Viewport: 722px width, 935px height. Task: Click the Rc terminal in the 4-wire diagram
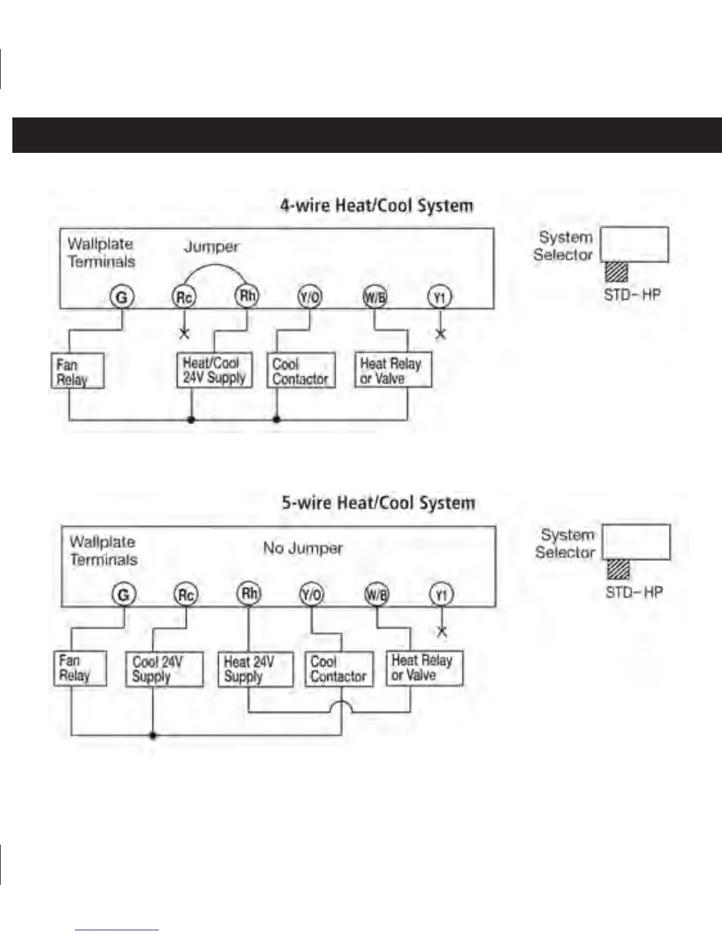183,296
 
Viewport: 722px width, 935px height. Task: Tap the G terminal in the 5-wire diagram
124,594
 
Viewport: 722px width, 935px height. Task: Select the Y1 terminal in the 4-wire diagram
439,297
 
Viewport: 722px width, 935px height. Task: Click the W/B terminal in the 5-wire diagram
377,593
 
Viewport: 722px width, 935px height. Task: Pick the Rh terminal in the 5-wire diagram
249,593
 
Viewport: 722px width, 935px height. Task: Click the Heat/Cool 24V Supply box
214,370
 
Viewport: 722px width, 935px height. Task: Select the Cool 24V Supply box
164,669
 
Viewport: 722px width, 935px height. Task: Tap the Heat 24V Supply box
255,669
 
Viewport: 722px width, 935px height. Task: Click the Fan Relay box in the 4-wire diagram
77,371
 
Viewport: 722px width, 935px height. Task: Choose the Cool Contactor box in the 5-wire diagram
339,669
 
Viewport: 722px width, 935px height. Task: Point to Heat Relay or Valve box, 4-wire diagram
392,370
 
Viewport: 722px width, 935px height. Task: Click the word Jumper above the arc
211,247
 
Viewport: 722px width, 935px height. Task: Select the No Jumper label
303,548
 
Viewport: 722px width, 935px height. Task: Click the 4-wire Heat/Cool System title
376,205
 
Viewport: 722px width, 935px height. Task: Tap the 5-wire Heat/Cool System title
378,503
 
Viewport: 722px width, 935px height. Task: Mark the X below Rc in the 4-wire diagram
184,334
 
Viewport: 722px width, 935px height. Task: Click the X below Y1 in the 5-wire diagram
441,631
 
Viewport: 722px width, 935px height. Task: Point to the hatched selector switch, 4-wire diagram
616,272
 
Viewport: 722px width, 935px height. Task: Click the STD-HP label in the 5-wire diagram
634,592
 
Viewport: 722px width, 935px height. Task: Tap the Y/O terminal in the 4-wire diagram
310,296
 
